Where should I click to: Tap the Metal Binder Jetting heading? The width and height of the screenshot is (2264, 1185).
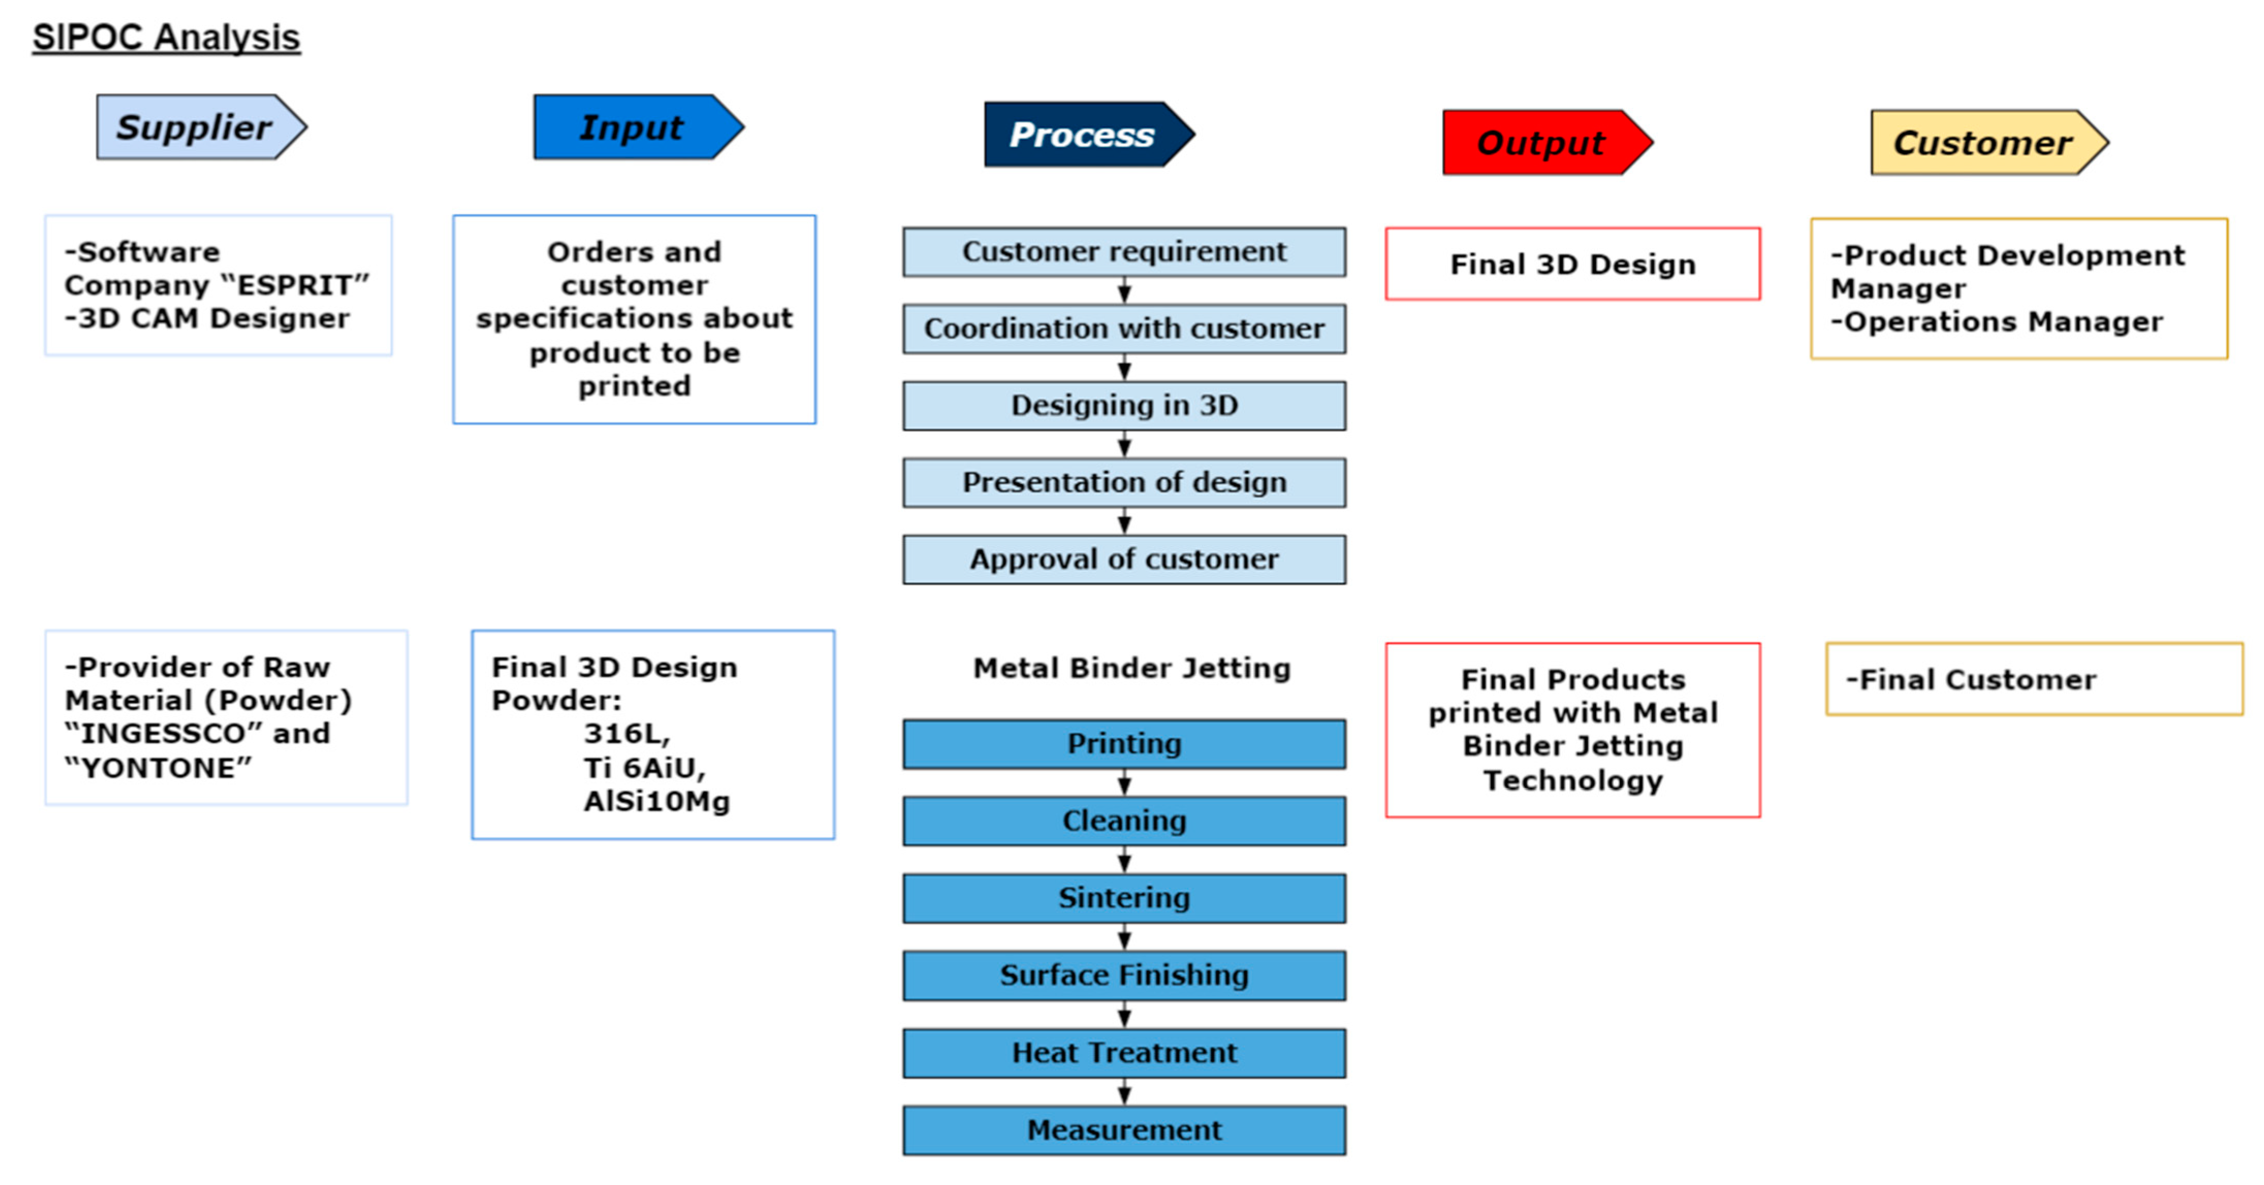[x=1131, y=668]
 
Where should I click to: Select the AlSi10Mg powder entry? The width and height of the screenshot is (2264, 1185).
[x=657, y=802]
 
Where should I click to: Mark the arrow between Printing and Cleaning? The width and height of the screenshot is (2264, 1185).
[x=1124, y=783]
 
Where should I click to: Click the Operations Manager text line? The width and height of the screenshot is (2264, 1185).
[x=1996, y=322]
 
